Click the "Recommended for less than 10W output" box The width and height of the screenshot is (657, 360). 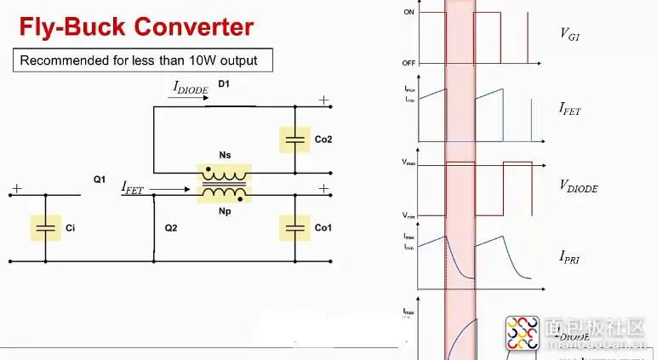pyautogui.click(x=139, y=60)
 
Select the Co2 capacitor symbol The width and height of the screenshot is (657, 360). pyautogui.click(x=295, y=138)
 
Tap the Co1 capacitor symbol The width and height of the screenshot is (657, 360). pyautogui.click(x=295, y=227)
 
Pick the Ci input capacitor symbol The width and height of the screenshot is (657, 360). pyautogui.click(x=46, y=227)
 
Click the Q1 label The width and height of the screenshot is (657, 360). pyautogui.click(x=99, y=180)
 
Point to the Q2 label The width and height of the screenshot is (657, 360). pyautogui.click(x=171, y=227)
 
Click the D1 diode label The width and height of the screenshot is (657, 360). pyautogui.click(x=224, y=84)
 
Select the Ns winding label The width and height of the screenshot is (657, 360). pyautogui.click(x=225, y=155)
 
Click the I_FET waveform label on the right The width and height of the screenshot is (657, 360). pyautogui.click(x=569, y=108)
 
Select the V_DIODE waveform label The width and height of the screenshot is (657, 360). pyautogui.click(x=579, y=185)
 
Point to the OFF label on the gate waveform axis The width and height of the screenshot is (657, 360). pyautogui.click(x=408, y=63)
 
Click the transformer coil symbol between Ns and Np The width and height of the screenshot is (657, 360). pyautogui.click(x=225, y=184)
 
